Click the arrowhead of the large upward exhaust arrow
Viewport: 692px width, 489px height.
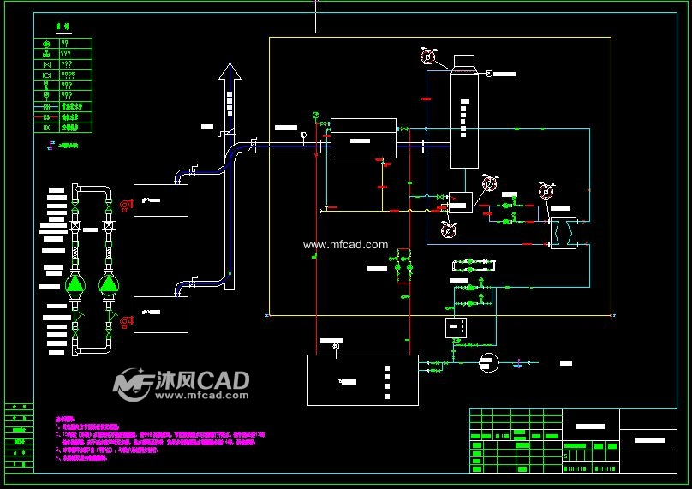point(230,72)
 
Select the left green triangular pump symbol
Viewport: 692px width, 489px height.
point(76,283)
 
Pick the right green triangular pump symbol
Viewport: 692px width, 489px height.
point(109,283)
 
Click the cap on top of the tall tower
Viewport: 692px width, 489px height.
point(463,62)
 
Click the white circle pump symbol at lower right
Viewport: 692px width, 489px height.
point(487,362)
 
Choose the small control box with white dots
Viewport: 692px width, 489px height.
point(456,327)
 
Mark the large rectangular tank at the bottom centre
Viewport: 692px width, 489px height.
point(363,379)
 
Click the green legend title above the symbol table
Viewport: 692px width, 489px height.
point(62,28)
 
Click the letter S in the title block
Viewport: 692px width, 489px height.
point(566,457)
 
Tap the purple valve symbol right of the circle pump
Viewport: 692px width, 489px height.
point(519,364)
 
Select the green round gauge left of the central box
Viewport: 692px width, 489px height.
point(315,115)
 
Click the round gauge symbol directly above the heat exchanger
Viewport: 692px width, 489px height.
point(545,191)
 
